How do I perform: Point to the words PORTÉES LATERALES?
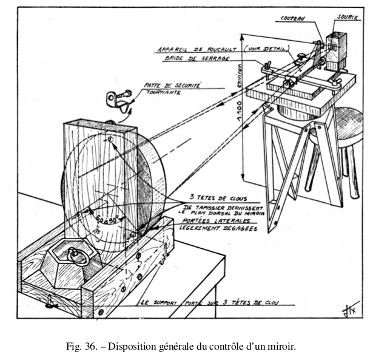215,221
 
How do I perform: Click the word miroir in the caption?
281,347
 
